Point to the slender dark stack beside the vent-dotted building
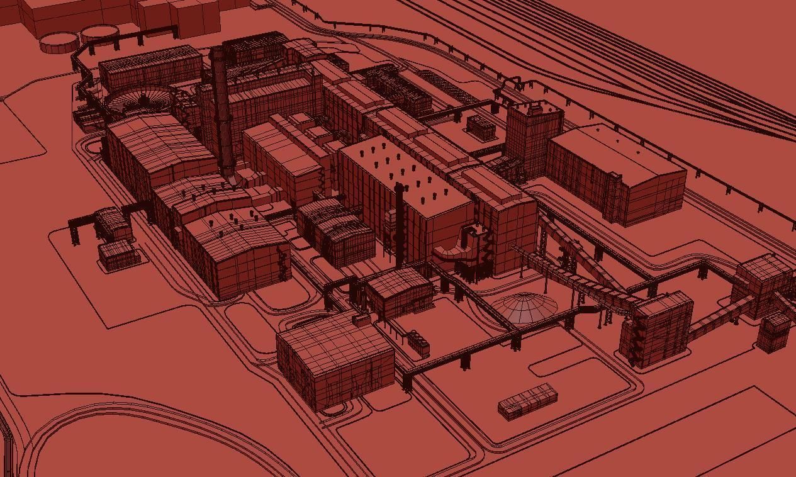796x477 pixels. click(399, 220)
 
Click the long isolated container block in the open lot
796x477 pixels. click(528, 401)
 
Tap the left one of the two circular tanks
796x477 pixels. click(59, 42)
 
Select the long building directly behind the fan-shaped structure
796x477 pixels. click(150, 67)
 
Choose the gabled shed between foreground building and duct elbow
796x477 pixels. click(400, 291)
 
